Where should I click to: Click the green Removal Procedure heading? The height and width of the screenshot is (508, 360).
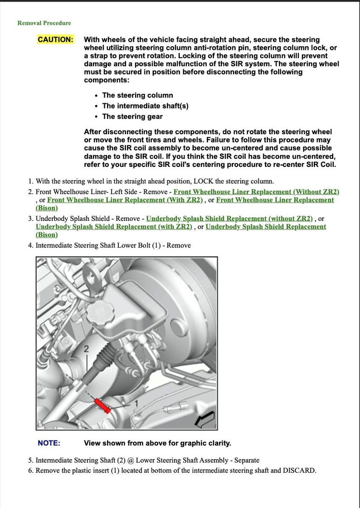tap(44, 23)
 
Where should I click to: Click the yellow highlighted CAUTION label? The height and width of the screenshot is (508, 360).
tap(55, 39)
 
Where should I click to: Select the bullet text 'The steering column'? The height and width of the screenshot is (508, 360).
tap(137, 95)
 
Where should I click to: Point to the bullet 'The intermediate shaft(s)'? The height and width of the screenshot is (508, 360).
tap(145, 106)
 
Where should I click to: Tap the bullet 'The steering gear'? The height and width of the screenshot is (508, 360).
tap(132, 117)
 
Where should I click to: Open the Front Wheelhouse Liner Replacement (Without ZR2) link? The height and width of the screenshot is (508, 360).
tap(256, 192)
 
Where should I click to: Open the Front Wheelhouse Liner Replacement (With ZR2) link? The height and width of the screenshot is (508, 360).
tap(125, 200)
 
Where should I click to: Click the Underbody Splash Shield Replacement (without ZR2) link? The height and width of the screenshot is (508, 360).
tap(229, 219)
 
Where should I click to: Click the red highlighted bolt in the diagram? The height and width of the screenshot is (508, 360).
tap(102, 405)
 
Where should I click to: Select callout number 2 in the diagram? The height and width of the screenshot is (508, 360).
tap(86, 348)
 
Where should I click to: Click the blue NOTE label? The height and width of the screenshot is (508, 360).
tap(49, 443)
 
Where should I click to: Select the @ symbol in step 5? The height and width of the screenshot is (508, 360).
tap(131, 460)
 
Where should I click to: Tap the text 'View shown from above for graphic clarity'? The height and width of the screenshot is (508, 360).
tap(157, 443)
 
